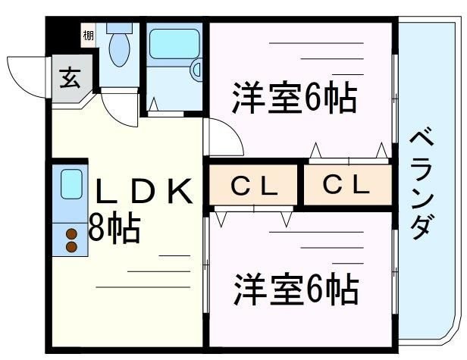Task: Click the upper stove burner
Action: point(72,233)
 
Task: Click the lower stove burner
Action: point(72,246)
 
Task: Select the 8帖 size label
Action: point(114,227)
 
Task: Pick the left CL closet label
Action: point(253,184)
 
